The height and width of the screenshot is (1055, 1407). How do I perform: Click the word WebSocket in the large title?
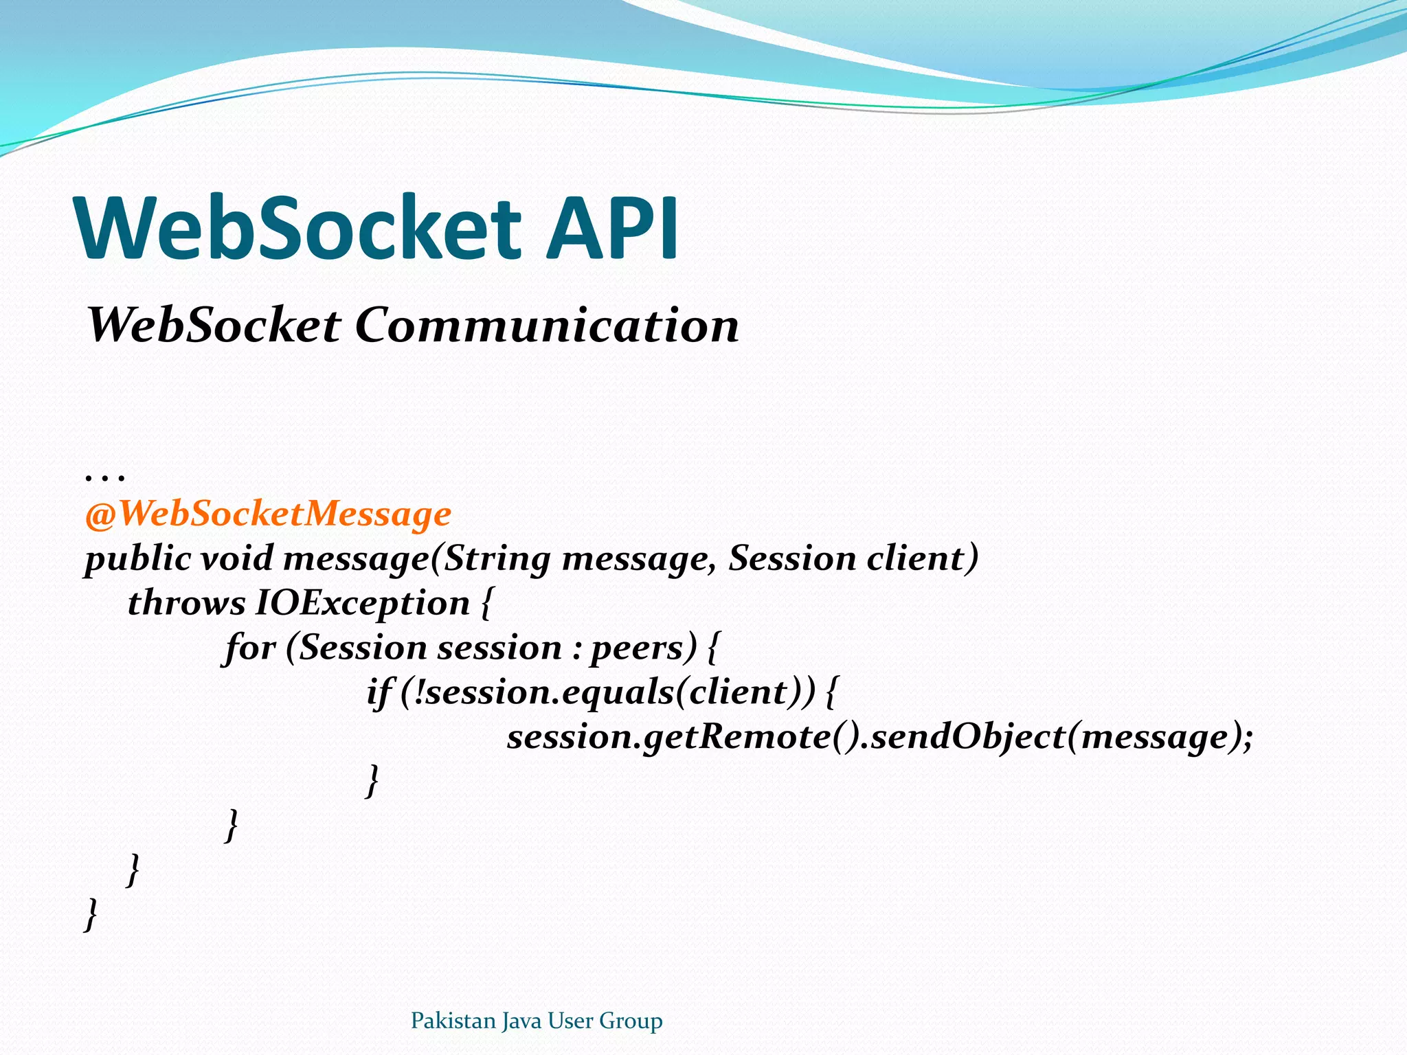point(300,228)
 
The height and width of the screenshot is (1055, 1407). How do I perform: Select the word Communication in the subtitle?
point(547,325)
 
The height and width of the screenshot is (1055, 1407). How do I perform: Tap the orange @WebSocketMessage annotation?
point(268,514)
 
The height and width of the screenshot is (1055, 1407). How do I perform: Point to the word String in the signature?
point(497,558)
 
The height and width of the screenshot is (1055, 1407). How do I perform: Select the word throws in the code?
point(186,603)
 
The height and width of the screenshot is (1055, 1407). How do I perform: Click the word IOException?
point(362,603)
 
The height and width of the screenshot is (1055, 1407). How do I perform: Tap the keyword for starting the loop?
point(250,648)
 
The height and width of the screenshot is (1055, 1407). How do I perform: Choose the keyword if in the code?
point(379,692)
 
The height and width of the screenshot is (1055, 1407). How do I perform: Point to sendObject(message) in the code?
point(1061,737)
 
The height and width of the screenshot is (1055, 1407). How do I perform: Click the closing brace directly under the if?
point(372,781)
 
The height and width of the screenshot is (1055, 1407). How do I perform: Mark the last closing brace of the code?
point(90,914)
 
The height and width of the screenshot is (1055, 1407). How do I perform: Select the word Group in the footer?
point(631,1021)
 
